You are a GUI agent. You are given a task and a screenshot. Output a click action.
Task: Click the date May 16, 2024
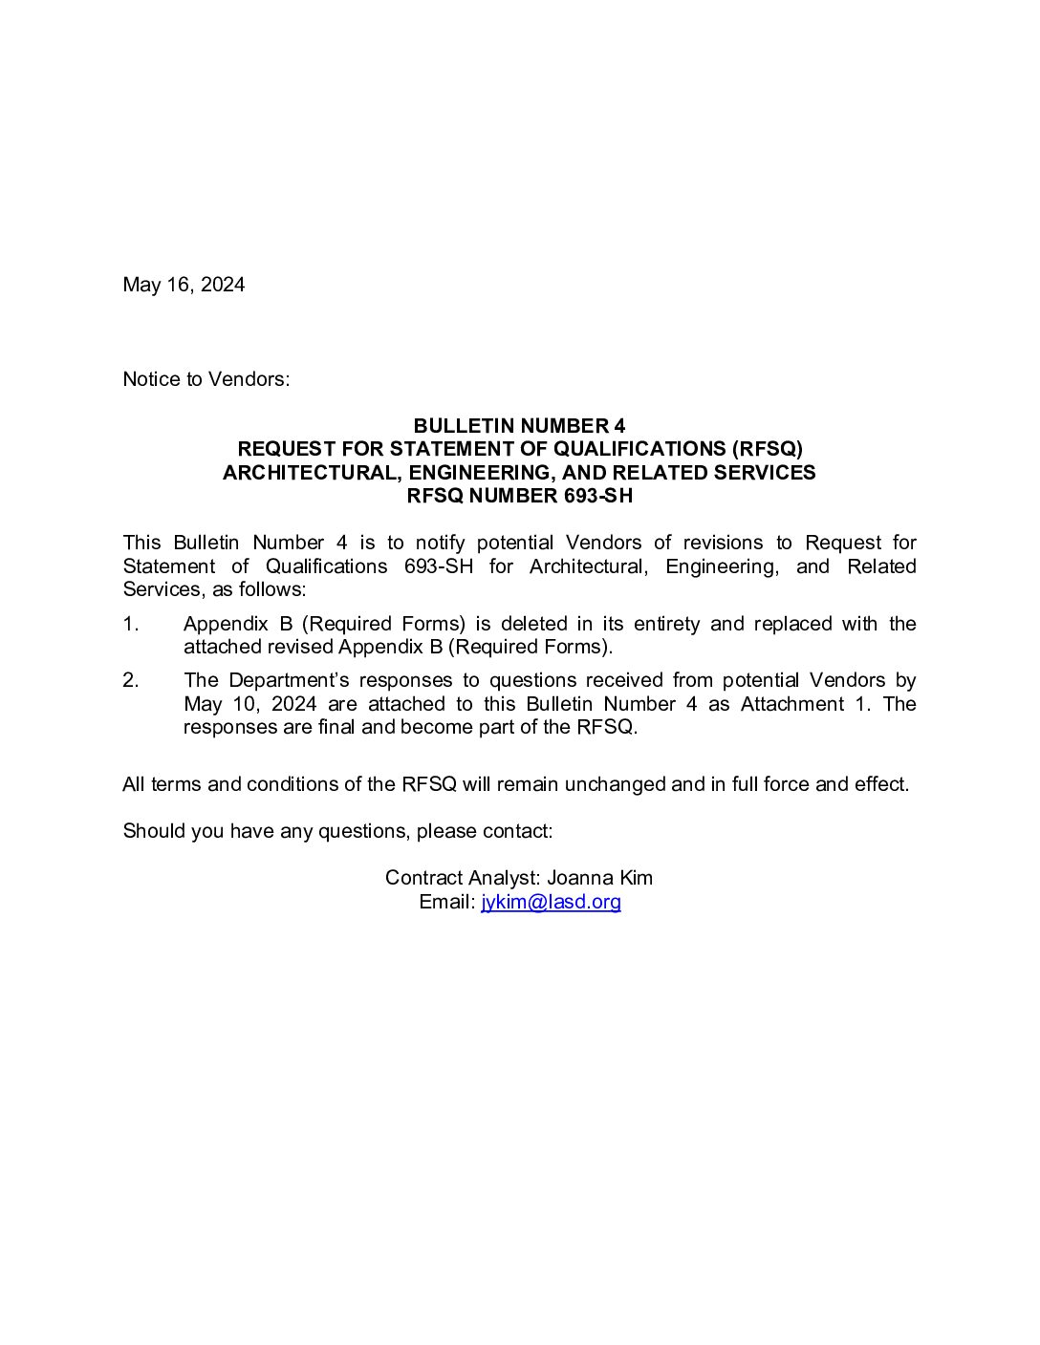184,285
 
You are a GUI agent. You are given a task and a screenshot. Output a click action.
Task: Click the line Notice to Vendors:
206,379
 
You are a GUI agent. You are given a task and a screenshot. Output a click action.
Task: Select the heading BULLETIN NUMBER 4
519,426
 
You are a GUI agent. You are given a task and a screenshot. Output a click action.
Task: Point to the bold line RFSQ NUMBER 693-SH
519,496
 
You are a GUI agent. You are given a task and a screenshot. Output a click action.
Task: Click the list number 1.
131,624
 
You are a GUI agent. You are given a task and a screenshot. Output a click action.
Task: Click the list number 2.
131,680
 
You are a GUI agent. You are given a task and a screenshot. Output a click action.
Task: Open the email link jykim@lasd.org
551,902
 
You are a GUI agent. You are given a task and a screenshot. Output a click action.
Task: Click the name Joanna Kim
599,878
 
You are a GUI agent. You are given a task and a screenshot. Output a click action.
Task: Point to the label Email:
446,902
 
